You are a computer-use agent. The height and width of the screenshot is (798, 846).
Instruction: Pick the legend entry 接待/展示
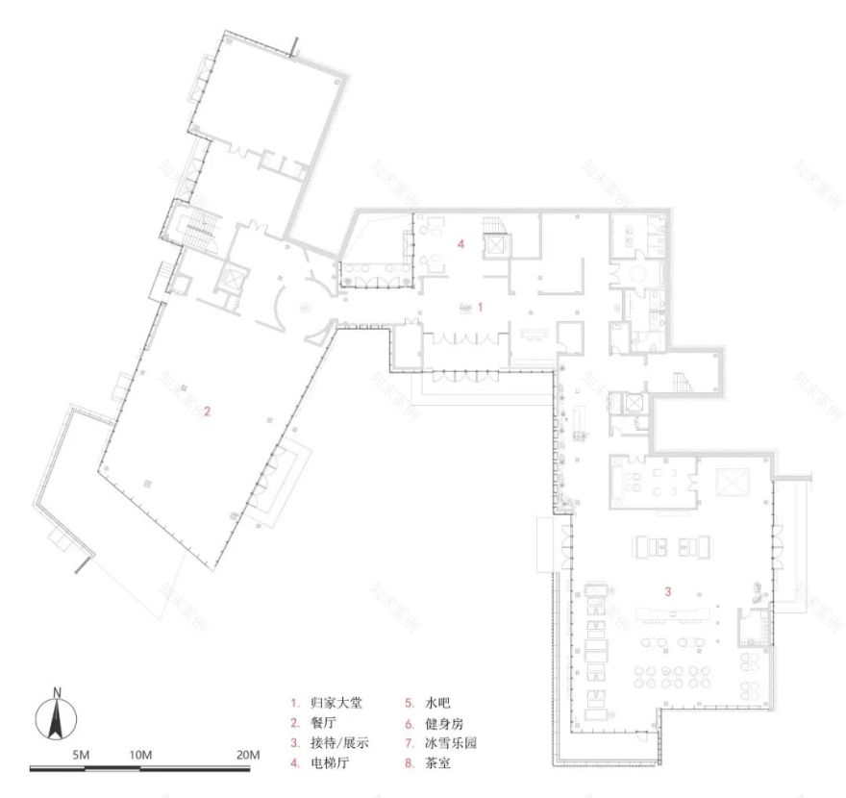coord(343,743)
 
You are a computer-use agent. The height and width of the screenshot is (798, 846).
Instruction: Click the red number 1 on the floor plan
coord(481,305)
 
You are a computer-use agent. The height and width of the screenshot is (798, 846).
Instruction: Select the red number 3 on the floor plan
coord(665,588)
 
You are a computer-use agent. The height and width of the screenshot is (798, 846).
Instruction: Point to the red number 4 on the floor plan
coord(461,245)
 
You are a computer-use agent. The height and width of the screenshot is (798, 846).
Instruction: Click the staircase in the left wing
coord(196,229)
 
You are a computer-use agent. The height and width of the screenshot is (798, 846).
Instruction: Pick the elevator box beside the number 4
coord(497,245)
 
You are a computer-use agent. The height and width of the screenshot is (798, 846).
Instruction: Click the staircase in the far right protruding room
coord(684,380)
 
